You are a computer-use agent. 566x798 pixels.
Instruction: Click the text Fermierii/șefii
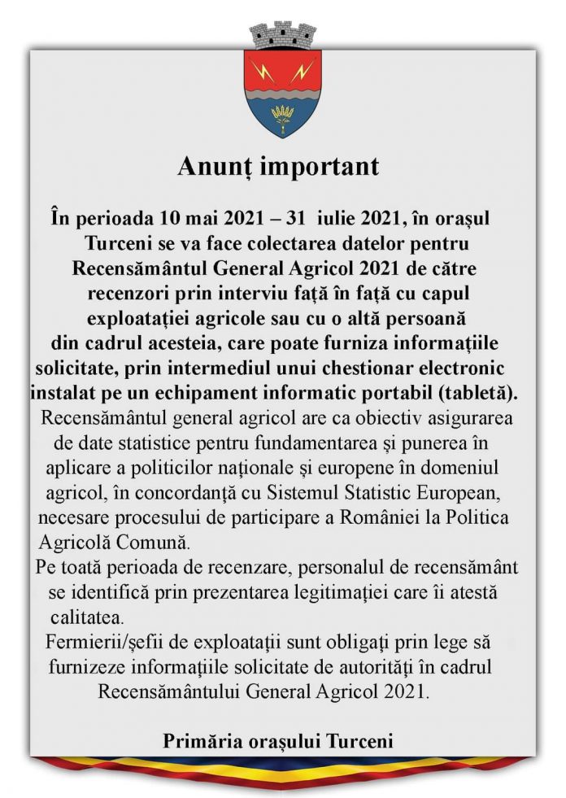pos(104,643)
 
